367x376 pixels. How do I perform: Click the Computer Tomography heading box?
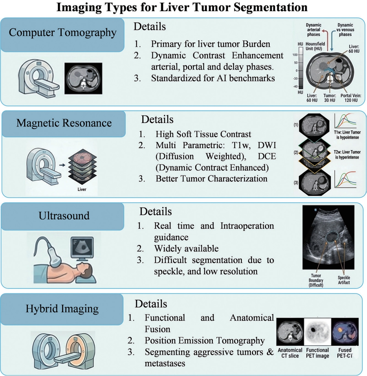coord(62,35)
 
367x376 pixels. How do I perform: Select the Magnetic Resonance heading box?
coord(64,124)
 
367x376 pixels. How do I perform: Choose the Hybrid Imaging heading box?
coord(62,309)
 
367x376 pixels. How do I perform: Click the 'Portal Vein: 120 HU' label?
coord(351,98)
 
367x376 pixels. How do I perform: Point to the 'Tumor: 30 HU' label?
coord(330,98)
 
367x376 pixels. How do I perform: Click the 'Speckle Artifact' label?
coord(344,280)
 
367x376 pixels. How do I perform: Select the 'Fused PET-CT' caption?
coord(345,353)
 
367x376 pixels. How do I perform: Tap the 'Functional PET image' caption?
coord(317,353)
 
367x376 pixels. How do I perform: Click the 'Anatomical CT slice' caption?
coord(290,353)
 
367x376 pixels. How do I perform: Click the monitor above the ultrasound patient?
coord(82,249)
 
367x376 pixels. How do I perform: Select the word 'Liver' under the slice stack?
coord(82,189)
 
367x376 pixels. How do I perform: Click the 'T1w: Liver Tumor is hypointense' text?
coord(347,135)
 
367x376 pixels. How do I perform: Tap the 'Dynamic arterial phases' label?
coord(313,30)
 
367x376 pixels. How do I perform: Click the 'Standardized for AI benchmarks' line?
coord(213,78)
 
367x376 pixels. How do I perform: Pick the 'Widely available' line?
coord(186,248)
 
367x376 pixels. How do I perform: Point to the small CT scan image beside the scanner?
coord(83,78)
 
